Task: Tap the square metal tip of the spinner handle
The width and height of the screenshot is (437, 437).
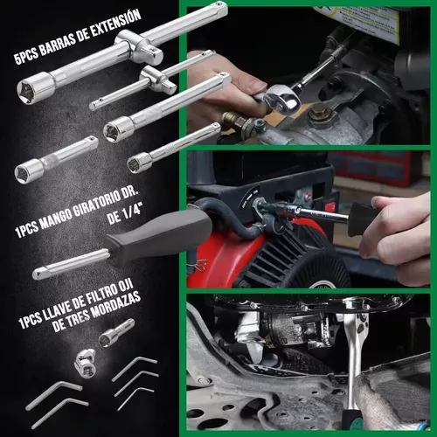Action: (x=38, y=274)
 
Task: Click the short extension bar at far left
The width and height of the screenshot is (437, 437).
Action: (x=56, y=159)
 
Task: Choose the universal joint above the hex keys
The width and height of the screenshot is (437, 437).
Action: (x=85, y=363)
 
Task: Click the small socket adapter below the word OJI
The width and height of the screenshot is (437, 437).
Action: (x=116, y=333)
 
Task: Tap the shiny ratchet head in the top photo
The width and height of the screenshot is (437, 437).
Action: (x=282, y=99)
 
